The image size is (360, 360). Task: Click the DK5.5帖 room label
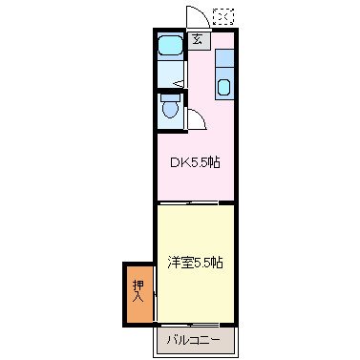(195, 162)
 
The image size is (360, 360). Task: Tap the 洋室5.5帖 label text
(195, 262)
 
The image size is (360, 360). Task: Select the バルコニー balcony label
(193, 339)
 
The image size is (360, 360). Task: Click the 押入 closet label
(138, 291)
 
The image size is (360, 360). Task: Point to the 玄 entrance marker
(196, 39)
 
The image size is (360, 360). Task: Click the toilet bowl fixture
(171, 111)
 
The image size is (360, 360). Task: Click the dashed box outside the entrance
(223, 15)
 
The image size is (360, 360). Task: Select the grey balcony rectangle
(193, 339)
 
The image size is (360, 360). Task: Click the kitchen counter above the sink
(223, 59)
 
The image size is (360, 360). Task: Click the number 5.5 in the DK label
(200, 162)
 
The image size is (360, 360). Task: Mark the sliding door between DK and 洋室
(195, 202)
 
